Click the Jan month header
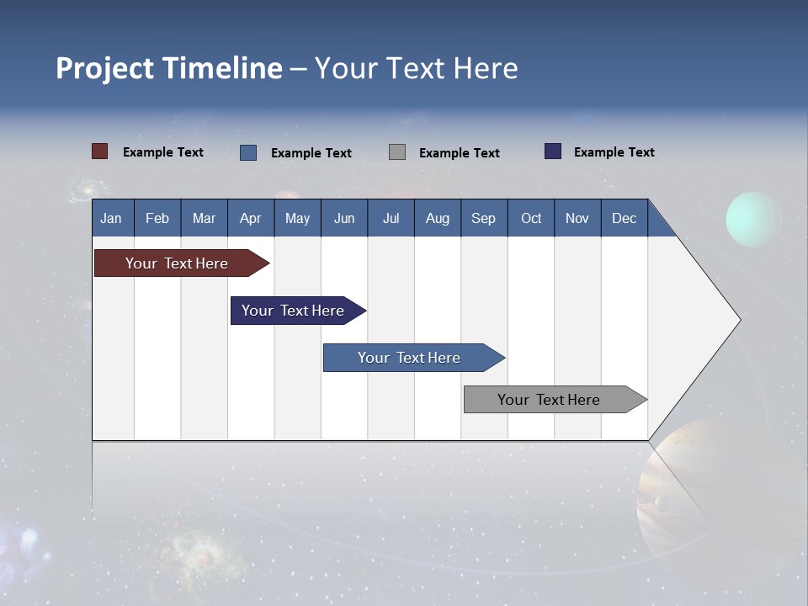(112, 218)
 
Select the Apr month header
(251, 218)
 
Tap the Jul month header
(391, 218)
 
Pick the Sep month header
(484, 218)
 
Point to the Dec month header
(624, 218)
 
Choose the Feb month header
(157, 218)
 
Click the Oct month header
(531, 218)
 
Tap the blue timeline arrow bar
(410, 358)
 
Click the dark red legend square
(100, 151)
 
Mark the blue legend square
(248, 152)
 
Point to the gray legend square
(397, 152)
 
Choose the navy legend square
(553, 151)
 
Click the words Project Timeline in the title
(169, 68)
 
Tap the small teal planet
(753, 219)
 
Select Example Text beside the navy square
(614, 152)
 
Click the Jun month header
(344, 218)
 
